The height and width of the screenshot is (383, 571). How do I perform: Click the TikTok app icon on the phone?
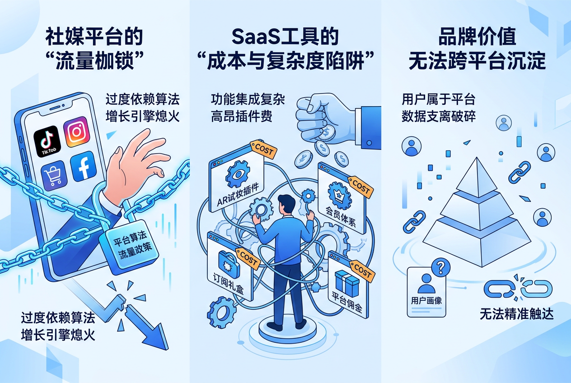(x=47, y=139)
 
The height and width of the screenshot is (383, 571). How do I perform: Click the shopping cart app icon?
(x=53, y=174)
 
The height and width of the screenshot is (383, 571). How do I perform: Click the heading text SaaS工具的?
(x=285, y=37)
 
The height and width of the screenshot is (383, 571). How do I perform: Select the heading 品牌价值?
(x=477, y=37)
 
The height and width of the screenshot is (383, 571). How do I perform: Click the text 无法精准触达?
(x=516, y=314)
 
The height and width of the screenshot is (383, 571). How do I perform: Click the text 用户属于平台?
(x=438, y=99)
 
